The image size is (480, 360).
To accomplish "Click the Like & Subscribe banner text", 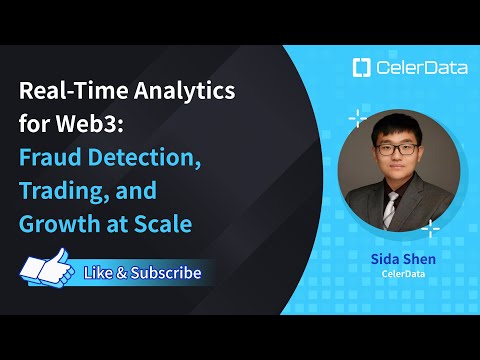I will click(x=142, y=272).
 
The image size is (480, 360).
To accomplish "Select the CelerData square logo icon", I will click(x=362, y=68).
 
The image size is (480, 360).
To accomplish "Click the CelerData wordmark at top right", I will click(x=415, y=68).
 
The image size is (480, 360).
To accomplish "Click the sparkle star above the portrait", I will click(x=356, y=119).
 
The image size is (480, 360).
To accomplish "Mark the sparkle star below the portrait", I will click(x=430, y=230).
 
